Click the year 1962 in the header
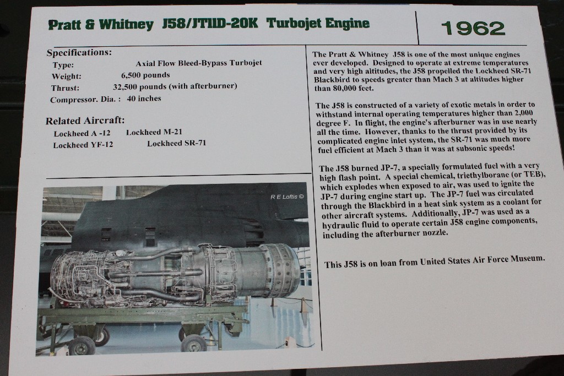point(473,28)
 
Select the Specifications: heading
point(79,52)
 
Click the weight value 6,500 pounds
point(145,75)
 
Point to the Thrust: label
point(65,88)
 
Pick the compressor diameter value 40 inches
point(144,99)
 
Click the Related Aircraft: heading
point(85,121)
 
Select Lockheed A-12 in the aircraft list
point(82,133)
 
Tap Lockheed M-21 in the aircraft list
point(154,132)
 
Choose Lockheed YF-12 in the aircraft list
point(83,145)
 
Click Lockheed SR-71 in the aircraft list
point(177,143)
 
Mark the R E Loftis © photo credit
point(287,197)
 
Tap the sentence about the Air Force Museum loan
point(435,261)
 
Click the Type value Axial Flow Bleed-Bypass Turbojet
point(198,63)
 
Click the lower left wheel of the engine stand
point(82,346)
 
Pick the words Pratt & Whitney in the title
point(101,24)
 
